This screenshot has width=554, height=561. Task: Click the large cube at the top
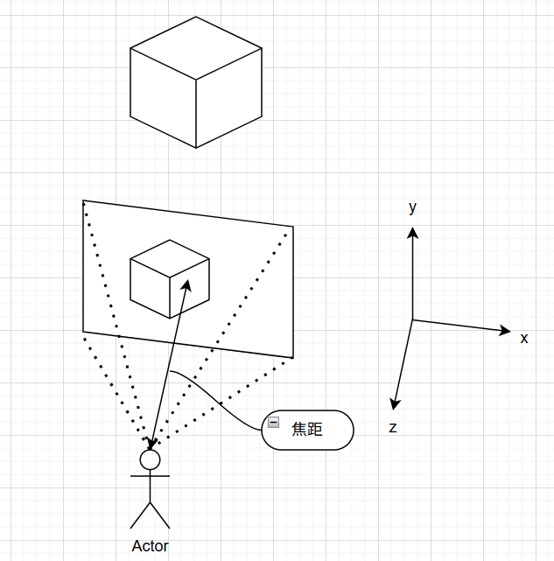tap(196, 82)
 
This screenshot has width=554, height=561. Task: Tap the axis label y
tap(412, 207)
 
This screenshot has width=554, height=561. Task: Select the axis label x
tap(524, 338)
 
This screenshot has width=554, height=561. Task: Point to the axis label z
tap(393, 428)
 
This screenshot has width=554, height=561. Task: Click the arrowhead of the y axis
tap(412, 231)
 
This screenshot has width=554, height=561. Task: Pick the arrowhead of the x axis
tap(505, 330)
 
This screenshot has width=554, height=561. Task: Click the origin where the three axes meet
tap(412, 320)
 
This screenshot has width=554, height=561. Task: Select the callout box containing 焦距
tap(308, 430)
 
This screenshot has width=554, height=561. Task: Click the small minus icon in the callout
tap(273, 422)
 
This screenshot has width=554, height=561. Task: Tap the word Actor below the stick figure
tap(150, 546)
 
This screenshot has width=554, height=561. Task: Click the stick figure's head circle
tap(150, 459)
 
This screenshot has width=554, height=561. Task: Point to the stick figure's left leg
tap(140, 515)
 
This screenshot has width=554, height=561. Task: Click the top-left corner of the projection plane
tap(83, 200)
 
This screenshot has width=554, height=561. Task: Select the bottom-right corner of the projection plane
tap(293, 357)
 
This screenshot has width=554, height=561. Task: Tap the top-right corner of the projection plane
tap(293, 227)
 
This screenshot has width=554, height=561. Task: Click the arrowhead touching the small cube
tap(186, 284)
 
